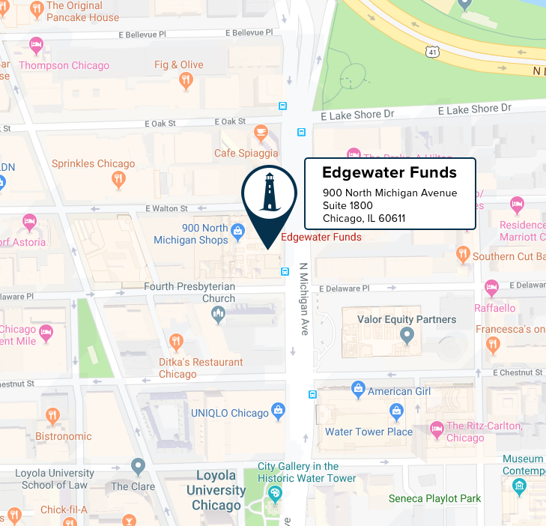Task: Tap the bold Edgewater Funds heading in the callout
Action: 389,173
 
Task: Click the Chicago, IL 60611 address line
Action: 364,218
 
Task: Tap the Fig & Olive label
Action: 179,65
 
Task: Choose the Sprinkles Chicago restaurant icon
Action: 118,179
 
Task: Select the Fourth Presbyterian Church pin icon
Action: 218,314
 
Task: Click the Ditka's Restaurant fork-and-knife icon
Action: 177,343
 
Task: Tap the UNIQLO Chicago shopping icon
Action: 279,411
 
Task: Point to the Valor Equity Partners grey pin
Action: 406,336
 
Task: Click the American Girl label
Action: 399,392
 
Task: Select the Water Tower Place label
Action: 368,432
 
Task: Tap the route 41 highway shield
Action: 431,52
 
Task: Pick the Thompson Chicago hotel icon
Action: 35,47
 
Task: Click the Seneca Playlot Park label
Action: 434,499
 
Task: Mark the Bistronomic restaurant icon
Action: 52,416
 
